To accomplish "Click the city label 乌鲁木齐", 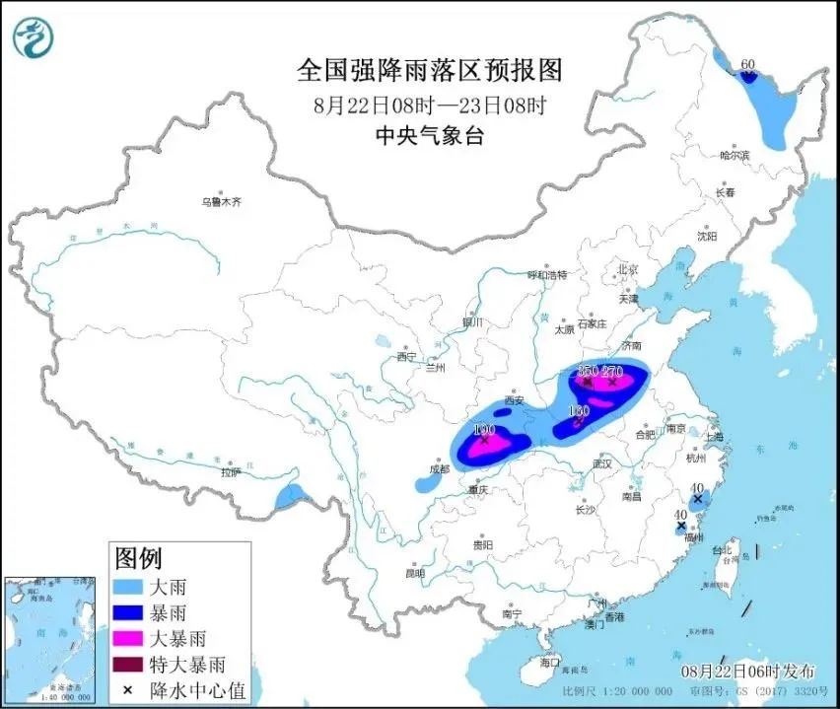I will click(x=222, y=201).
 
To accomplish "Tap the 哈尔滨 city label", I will click(x=735, y=155).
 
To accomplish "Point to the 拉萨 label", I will click(x=232, y=472).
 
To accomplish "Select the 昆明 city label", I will click(x=415, y=573).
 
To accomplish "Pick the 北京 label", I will click(x=628, y=269).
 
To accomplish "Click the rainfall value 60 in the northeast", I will click(x=747, y=65).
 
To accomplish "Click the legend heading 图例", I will click(x=138, y=559).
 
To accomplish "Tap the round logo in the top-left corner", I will click(x=32, y=37).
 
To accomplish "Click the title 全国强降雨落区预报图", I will click(x=429, y=70).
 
